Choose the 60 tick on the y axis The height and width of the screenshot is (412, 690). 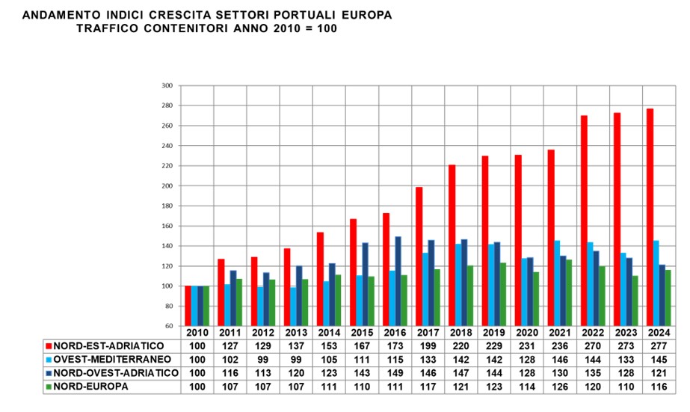click(x=168, y=326)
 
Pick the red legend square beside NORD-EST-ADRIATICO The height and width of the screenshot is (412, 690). click(x=48, y=347)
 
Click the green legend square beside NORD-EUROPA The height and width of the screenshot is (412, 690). click(x=48, y=386)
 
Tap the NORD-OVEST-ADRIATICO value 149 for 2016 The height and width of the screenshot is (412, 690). click(x=395, y=373)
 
